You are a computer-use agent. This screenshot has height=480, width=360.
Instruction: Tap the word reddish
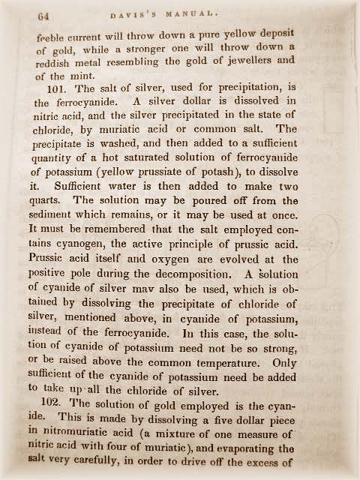[x=56, y=63]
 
